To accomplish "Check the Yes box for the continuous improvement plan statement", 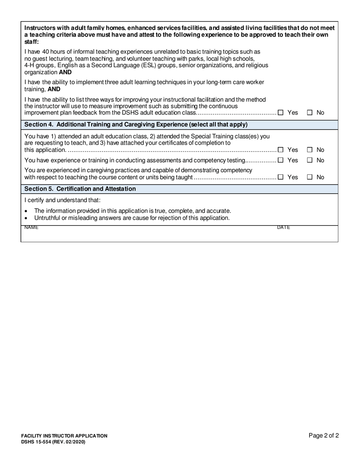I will (280, 113).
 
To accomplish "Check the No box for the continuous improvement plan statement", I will (310, 113).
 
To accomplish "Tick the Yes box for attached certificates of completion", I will (280, 150).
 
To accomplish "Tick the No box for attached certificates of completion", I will (310, 150).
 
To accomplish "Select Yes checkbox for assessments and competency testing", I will (280, 160).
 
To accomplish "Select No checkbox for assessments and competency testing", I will (310, 160).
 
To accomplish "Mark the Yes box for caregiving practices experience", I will (280, 177).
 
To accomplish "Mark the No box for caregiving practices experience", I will (310, 177).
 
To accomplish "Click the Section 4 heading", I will (136, 125).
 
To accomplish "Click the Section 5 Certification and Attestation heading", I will (80, 189).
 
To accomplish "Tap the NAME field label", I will (31, 228).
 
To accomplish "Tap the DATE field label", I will (283, 228).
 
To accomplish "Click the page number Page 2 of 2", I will (324, 436).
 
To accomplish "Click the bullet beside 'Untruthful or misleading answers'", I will (26, 218).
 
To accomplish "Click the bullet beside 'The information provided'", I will (26, 211).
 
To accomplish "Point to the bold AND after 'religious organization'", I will (65, 72).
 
